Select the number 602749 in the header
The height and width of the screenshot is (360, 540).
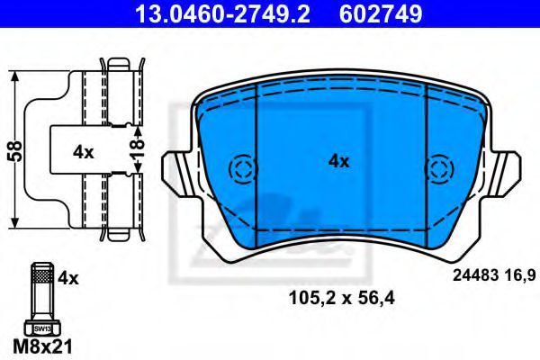380,13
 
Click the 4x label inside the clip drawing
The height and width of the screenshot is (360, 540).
83,152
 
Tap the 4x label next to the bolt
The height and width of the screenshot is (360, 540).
67,279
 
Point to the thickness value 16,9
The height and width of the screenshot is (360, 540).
521,279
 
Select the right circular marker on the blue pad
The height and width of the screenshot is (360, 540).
440,168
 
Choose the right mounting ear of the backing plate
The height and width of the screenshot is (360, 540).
506,171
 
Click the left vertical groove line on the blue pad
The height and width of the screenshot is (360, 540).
257,162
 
